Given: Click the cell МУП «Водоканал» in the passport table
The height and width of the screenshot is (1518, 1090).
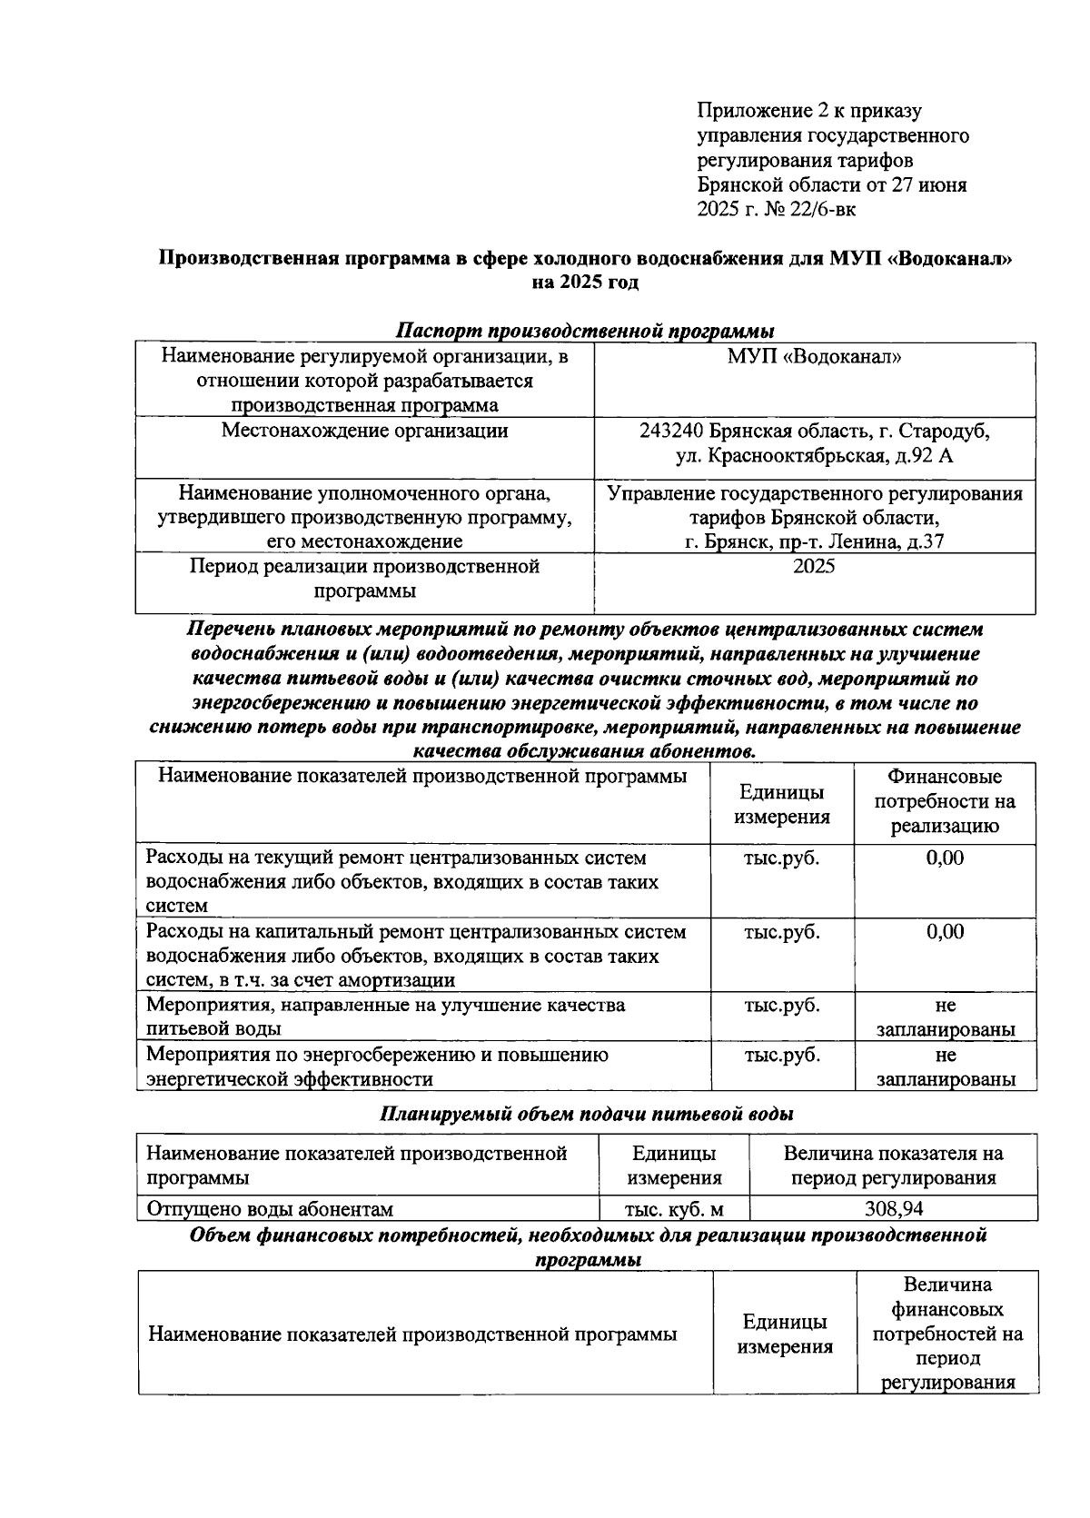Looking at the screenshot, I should click(x=814, y=357).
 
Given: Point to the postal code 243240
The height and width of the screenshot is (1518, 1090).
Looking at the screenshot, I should click(x=671, y=431).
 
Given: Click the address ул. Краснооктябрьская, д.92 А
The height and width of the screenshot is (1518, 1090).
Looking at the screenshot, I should click(x=814, y=455).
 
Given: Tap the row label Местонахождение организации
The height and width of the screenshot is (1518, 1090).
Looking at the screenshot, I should click(x=364, y=431).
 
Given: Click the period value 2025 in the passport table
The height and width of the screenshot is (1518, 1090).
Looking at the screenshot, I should click(x=814, y=567).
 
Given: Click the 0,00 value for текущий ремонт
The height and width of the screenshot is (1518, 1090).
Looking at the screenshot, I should click(x=945, y=858).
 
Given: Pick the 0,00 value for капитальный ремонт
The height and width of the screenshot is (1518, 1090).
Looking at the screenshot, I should click(x=945, y=932).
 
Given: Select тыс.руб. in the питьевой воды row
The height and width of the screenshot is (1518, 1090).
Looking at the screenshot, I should click(x=781, y=1006).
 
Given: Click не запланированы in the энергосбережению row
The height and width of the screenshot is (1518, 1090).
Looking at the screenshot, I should click(x=945, y=1067).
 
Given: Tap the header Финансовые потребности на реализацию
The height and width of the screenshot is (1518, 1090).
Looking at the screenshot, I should click(x=945, y=802).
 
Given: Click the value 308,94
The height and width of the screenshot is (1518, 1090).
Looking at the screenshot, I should click(x=894, y=1209).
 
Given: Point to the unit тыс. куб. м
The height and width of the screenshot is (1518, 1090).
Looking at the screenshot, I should click(x=673, y=1209).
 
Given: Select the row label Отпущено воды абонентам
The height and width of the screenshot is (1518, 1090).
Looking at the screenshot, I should click(x=270, y=1209).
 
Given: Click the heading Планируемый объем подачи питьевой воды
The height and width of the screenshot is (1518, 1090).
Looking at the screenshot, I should click(x=587, y=1113).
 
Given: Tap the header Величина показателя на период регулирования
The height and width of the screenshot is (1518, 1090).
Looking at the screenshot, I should click(x=894, y=1166).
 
